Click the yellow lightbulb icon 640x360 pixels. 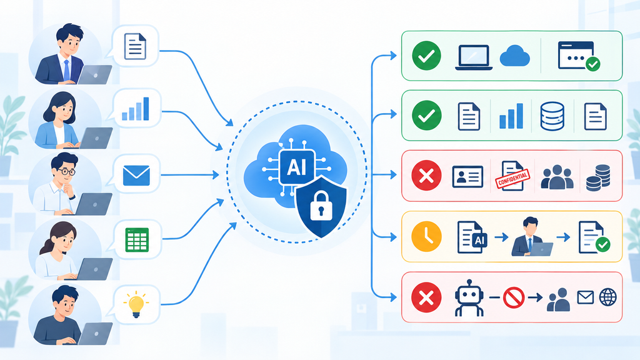click(136, 304)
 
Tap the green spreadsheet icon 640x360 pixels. click(137, 239)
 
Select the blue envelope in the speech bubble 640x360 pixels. click(136, 176)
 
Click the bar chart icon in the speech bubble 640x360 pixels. click(136, 109)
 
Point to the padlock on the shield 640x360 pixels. click(322, 205)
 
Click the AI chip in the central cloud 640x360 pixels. click(297, 167)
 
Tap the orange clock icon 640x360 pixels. click(426, 237)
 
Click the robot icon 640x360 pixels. click(469, 298)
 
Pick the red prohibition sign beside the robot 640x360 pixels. click(514, 297)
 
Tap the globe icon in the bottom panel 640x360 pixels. click(607, 297)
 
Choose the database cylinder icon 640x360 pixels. click(552, 116)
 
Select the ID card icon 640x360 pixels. click(467, 177)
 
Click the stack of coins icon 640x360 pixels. click(598, 178)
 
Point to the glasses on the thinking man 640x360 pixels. click(66, 171)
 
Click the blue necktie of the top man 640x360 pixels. click(66, 70)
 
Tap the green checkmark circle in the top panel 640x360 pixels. click(426, 56)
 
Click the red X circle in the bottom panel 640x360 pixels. click(426, 297)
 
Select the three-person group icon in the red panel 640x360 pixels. click(557, 177)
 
